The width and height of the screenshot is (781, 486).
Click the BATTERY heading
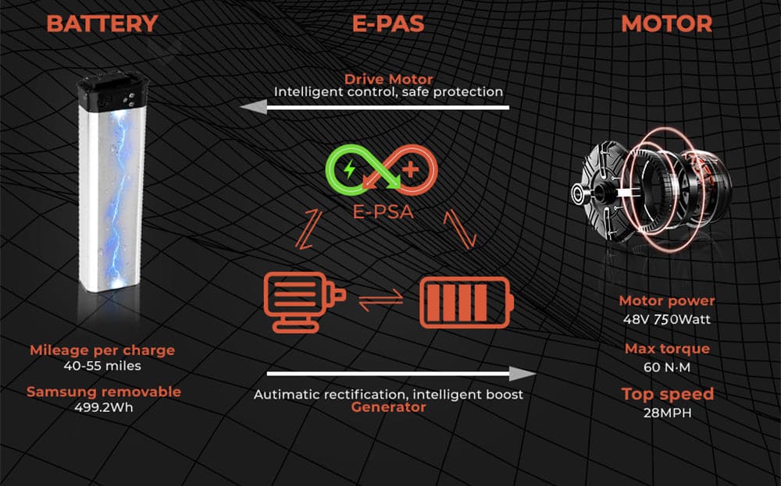(x=102, y=23)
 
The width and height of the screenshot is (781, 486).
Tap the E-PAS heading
(x=388, y=23)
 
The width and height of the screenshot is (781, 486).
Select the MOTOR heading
(x=666, y=23)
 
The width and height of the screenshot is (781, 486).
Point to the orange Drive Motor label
(x=388, y=79)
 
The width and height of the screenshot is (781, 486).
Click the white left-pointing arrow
(x=375, y=108)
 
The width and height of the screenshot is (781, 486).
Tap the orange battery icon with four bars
(x=465, y=300)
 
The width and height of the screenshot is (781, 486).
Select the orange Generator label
(x=388, y=407)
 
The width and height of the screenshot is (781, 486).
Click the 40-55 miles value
(x=102, y=365)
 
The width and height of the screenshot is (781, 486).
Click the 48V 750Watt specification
(x=666, y=318)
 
